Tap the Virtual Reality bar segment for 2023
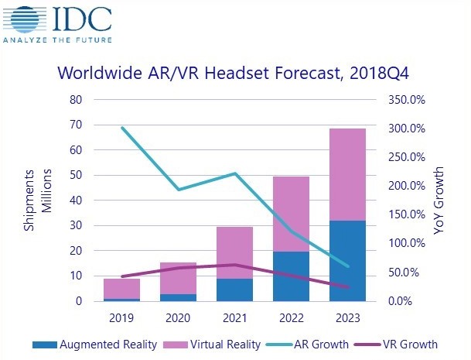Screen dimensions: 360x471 [x=347, y=174]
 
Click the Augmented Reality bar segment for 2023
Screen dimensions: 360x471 [x=347, y=261]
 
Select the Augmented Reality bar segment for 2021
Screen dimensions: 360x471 [x=234, y=290]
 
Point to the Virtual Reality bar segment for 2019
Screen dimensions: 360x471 [x=122, y=288]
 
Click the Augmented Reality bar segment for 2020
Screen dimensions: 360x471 [x=179, y=297]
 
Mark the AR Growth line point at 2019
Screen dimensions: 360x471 [x=122, y=128]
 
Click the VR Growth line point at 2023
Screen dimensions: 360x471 [x=347, y=287]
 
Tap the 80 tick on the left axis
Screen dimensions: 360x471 [x=76, y=100]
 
